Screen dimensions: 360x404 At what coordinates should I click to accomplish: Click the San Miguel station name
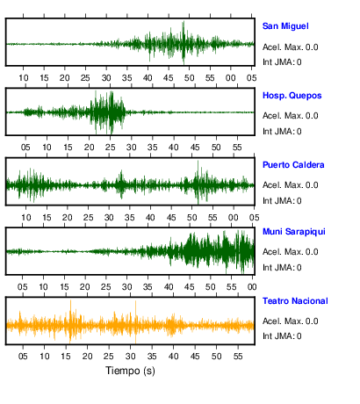(x=285, y=26)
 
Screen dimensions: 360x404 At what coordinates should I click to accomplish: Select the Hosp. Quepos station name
(x=292, y=96)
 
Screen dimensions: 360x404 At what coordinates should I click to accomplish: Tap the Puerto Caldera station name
(x=293, y=165)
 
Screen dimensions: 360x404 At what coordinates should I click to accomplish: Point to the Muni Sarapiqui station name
(x=294, y=232)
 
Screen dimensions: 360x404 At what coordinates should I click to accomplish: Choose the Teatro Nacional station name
(x=295, y=301)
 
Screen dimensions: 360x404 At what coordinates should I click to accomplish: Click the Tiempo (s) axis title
(x=130, y=371)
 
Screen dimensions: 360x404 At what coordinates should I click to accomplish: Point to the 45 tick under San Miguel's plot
(x=169, y=78)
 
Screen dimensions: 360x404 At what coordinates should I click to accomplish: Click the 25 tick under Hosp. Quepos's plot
(x=111, y=148)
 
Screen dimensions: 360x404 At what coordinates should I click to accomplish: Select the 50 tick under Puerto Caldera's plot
(x=191, y=218)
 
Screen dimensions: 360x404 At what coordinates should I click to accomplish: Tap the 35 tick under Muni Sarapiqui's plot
(x=148, y=287)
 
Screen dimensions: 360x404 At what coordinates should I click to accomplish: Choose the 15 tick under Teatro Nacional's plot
(x=66, y=357)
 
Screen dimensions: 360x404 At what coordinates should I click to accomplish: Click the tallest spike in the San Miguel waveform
(x=184, y=22)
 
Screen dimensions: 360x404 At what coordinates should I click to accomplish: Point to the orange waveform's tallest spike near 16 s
(x=70, y=301)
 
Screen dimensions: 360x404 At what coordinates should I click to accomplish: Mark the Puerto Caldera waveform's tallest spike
(x=198, y=162)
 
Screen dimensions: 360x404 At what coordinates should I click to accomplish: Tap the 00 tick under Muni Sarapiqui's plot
(x=252, y=287)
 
